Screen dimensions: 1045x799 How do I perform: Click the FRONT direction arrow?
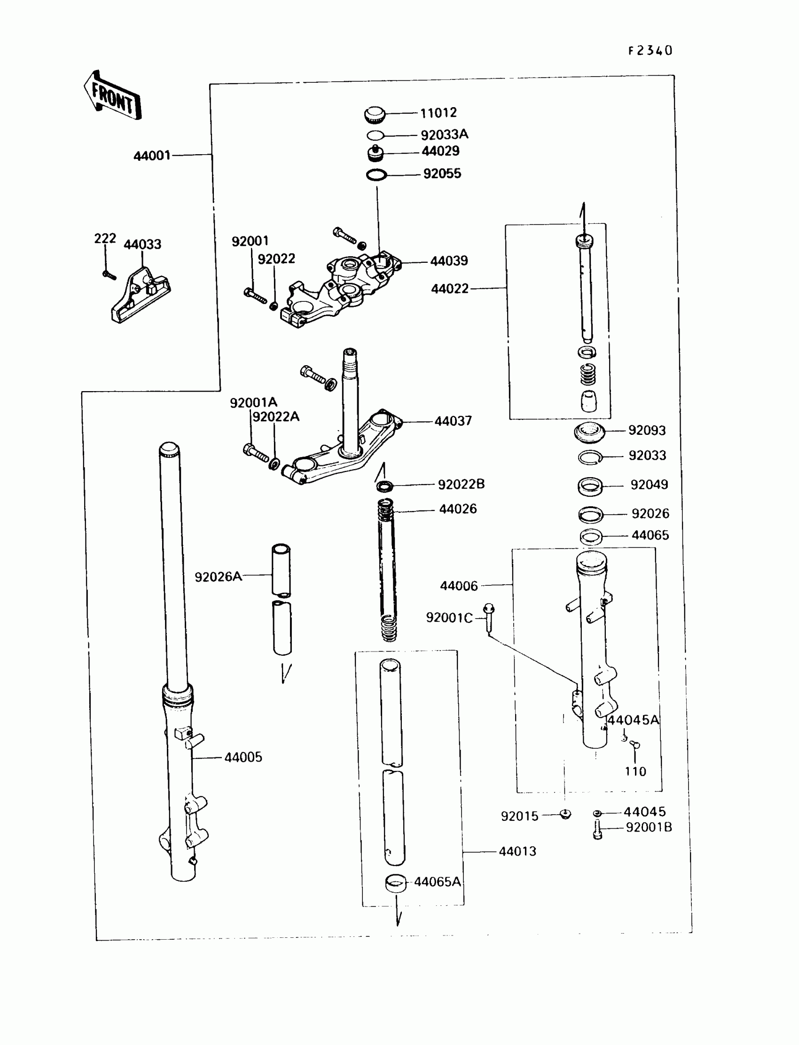pyautogui.click(x=113, y=96)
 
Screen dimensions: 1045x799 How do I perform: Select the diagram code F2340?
pyautogui.click(x=650, y=51)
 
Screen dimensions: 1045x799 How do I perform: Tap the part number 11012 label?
pyautogui.click(x=438, y=113)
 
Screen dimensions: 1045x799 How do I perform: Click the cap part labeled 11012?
pyautogui.click(x=375, y=115)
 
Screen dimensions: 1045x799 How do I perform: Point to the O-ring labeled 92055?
pyautogui.click(x=376, y=175)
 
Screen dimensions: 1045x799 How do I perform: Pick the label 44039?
pyautogui.click(x=449, y=260)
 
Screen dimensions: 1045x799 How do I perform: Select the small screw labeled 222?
pyautogui.click(x=109, y=275)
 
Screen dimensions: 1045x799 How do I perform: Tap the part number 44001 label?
pyautogui.click(x=152, y=156)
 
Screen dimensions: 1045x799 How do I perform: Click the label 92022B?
pyautogui.click(x=461, y=484)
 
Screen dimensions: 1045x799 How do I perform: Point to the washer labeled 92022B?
pyautogui.click(x=385, y=486)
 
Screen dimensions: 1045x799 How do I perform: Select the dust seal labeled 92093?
pyautogui.click(x=589, y=431)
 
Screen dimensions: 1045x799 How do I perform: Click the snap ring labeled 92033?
pyautogui.click(x=590, y=457)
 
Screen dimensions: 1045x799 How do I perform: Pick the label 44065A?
pyautogui.click(x=437, y=882)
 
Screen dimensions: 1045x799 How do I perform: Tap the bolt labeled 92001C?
pyautogui.click(x=488, y=617)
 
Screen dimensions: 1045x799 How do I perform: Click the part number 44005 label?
pyautogui.click(x=243, y=757)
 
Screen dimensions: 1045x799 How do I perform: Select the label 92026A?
pyautogui.click(x=218, y=577)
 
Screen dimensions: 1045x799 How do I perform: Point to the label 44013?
pyautogui.click(x=517, y=851)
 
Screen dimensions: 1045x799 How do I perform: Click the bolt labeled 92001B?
pyautogui.click(x=598, y=830)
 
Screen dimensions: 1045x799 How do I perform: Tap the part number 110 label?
pyautogui.click(x=635, y=771)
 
